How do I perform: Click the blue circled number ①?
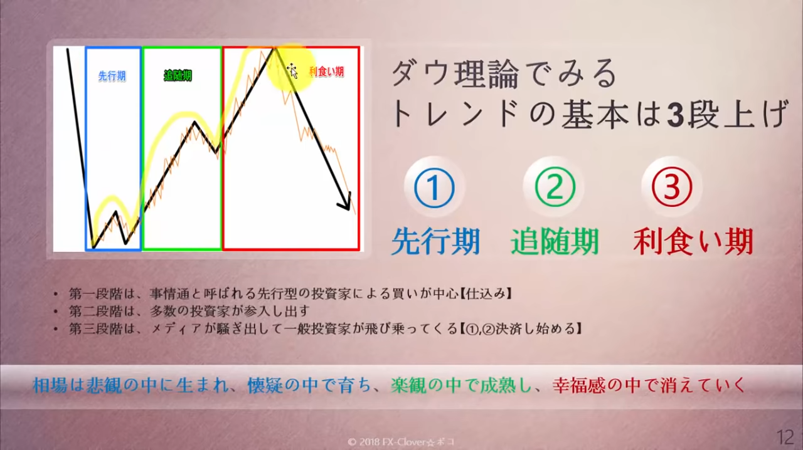tap(434, 187)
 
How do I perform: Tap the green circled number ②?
tap(555, 187)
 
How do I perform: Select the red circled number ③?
tap(672, 187)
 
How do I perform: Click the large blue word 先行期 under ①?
tap(435, 242)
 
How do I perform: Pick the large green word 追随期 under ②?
tap(555, 242)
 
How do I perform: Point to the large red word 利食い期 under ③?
tap(693, 242)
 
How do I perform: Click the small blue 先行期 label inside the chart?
tap(112, 76)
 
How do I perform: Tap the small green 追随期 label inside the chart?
tap(178, 76)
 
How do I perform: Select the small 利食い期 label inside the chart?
tap(326, 71)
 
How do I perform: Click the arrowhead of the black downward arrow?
tap(346, 204)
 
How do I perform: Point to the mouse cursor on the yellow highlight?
tap(292, 71)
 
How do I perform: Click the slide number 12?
tap(785, 437)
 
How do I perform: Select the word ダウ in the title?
tap(423, 74)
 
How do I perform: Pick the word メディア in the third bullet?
tap(176, 328)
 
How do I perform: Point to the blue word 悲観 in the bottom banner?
tap(104, 386)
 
